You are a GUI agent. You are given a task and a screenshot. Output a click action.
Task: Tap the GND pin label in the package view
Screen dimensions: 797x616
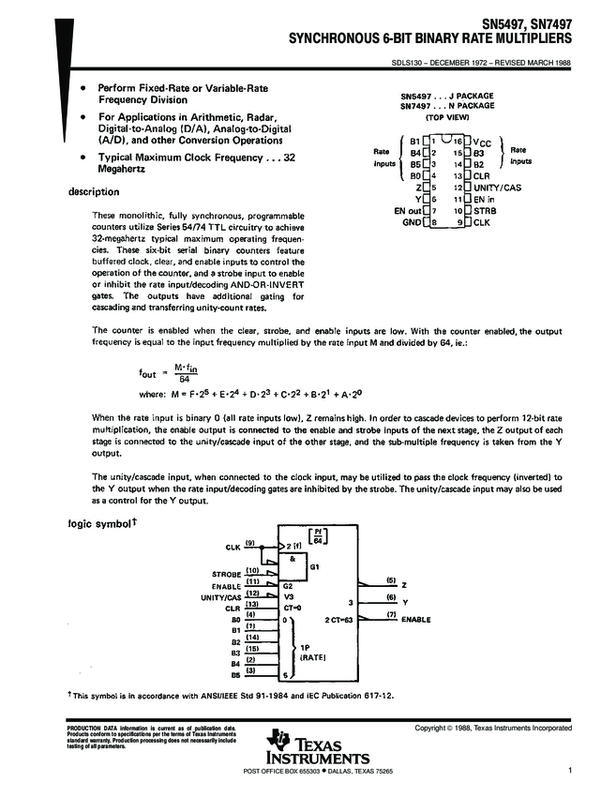[412, 222]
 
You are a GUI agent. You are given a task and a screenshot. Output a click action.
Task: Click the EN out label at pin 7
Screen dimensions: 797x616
[408, 211]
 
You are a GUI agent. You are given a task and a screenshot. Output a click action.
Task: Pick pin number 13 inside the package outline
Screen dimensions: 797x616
[458, 175]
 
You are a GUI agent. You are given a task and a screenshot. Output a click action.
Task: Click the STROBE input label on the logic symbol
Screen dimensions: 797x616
[227, 572]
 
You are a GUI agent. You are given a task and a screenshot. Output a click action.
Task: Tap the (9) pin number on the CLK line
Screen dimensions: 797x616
[251, 544]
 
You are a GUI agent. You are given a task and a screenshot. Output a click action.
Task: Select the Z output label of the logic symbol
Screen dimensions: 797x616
[404, 583]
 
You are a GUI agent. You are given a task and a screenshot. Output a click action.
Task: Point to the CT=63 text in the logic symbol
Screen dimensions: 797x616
[341, 620]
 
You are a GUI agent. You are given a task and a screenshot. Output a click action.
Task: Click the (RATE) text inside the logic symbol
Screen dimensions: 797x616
[311, 659]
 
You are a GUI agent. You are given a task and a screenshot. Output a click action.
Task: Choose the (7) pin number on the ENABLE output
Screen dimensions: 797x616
[392, 613]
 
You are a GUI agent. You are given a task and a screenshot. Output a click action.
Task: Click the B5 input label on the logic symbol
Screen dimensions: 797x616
[236, 674]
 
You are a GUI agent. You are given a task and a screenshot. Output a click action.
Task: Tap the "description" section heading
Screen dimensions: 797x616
[95, 192]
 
